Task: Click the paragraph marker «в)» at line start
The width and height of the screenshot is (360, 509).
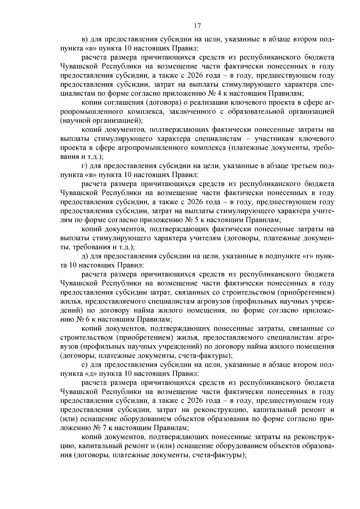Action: pos(85,40)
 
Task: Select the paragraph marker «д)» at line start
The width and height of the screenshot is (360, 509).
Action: pos(85,256)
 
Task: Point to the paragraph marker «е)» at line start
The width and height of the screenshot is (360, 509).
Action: pos(85,365)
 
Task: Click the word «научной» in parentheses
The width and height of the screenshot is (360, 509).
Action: pos(75,121)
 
